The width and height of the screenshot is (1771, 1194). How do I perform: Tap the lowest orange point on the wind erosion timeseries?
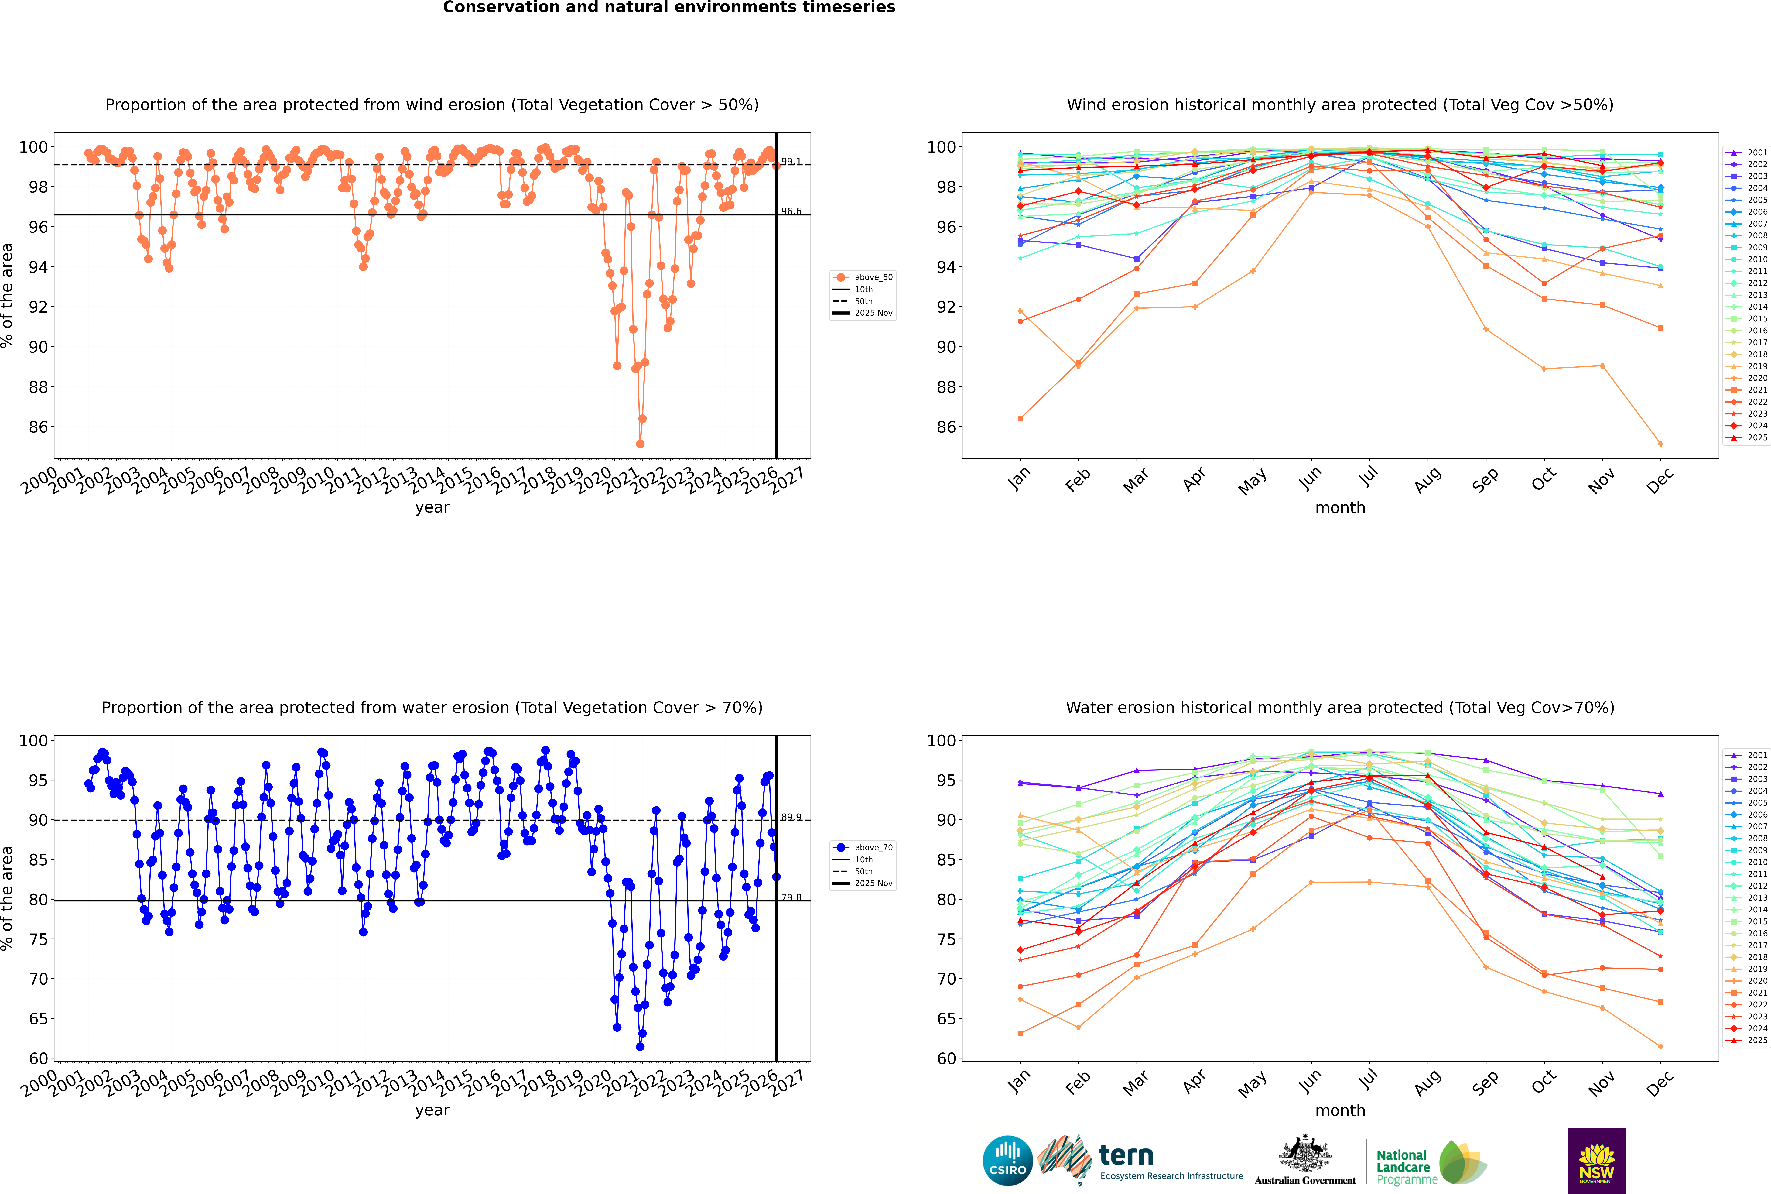tap(640, 444)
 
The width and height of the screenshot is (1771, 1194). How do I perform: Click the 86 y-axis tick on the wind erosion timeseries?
tap(38, 427)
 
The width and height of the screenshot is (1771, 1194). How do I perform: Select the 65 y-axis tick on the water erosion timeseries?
tap(38, 1019)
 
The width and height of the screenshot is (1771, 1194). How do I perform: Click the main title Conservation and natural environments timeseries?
tap(668, 8)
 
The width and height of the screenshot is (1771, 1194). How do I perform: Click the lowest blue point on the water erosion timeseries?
tap(640, 1046)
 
